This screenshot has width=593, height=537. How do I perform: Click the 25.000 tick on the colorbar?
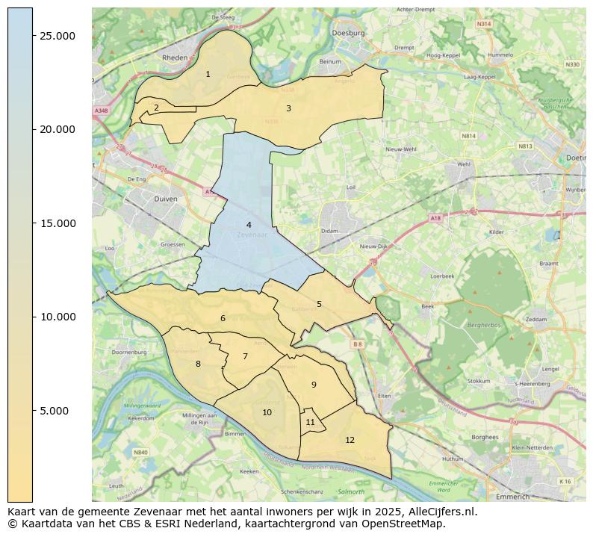pyautogui.click(x=33, y=36)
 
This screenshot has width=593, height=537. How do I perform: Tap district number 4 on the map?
pyautogui.click(x=249, y=225)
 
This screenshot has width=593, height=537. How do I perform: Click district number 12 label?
pyautogui.click(x=350, y=440)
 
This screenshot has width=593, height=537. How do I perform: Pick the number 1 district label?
pyautogui.click(x=208, y=74)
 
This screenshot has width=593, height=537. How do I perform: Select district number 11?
pyautogui.click(x=310, y=422)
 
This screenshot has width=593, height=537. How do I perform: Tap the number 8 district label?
pyautogui.click(x=198, y=364)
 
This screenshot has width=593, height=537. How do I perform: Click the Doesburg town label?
pyautogui.click(x=350, y=33)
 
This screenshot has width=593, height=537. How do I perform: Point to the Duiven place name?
pyautogui.click(x=165, y=199)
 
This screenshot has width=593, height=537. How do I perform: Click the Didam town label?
pyautogui.click(x=330, y=232)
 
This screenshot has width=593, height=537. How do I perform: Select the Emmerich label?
pyautogui.click(x=512, y=496)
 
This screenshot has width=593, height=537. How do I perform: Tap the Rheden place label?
pyautogui.click(x=175, y=58)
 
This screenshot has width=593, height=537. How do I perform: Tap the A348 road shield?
pyautogui.click(x=101, y=111)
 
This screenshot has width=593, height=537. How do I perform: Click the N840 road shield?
pyautogui.click(x=140, y=452)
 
